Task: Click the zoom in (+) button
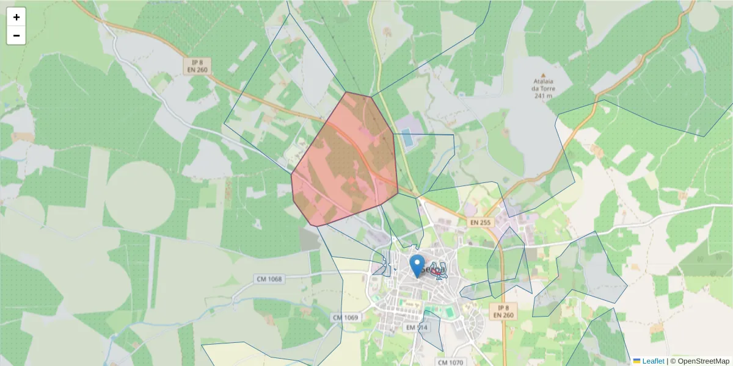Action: tap(16, 17)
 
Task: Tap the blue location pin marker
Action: tap(417, 266)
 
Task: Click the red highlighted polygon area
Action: tap(345, 162)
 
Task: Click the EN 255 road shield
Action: tap(480, 223)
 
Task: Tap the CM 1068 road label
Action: tap(269, 279)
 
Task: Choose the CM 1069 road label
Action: tap(345, 318)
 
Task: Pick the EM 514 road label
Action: tap(418, 328)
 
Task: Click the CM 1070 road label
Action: tap(451, 362)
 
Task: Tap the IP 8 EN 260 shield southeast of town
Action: tap(503, 311)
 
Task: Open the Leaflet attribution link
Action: tap(653, 361)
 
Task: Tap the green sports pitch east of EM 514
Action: tap(449, 312)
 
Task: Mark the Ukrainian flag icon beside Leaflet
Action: tap(636, 361)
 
